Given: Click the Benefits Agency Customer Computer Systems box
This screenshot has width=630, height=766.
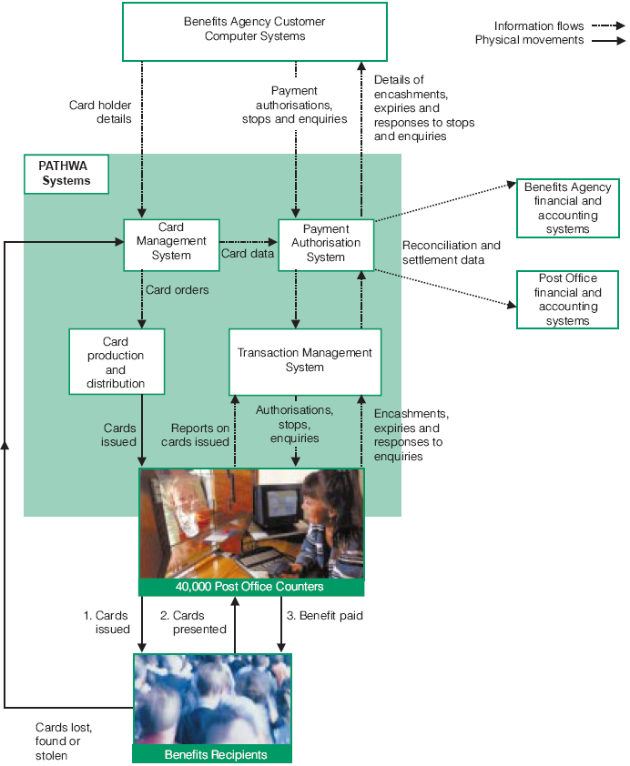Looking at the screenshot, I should point(254,30).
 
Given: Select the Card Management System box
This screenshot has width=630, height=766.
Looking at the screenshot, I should point(171,243).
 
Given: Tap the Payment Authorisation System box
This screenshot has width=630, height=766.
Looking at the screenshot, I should point(325,243).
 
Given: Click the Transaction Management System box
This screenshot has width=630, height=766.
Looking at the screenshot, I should point(305,359).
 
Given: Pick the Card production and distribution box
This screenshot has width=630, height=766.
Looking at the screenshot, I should point(116,361).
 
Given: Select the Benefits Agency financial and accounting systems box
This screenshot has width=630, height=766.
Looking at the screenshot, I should point(567,208).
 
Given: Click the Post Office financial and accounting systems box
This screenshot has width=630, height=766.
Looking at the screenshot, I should point(567,299).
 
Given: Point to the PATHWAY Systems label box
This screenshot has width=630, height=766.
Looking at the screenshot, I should point(66,174).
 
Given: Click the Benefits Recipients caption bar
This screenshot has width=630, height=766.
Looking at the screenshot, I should point(215,755).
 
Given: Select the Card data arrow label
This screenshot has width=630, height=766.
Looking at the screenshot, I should point(248,254).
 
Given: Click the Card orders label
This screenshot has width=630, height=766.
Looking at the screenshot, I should point(177,291).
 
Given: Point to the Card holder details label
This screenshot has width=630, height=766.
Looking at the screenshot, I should point(100,112).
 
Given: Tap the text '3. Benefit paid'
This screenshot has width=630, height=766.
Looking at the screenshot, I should point(325,616).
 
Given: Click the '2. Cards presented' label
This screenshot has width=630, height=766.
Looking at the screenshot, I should point(193,622).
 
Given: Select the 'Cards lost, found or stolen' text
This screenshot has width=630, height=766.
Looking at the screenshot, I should point(64,741).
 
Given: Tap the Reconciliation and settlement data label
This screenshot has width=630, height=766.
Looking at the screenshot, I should point(452,252).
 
